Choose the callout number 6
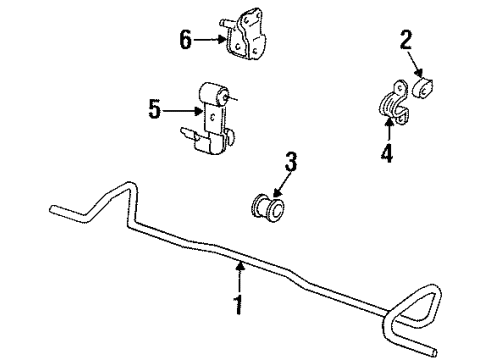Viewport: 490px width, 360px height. [x=184, y=40]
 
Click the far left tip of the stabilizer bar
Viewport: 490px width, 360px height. [x=50, y=210]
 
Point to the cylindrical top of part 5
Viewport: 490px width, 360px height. [x=221, y=96]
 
